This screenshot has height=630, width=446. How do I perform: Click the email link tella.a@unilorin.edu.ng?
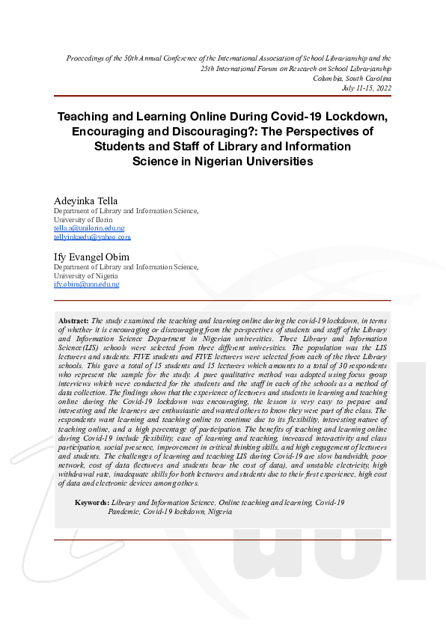[x=89, y=228]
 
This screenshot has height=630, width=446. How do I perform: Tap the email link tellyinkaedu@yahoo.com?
[x=92, y=237]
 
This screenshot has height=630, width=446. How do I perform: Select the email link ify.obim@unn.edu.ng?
[x=86, y=284]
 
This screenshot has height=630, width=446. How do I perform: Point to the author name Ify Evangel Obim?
[x=91, y=257]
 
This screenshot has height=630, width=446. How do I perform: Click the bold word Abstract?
[x=74, y=320]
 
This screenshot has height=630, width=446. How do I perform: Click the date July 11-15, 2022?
[x=366, y=88]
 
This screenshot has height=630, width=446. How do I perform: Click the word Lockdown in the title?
[x=353, y=117]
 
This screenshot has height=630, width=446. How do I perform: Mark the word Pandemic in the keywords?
[x=126, y=512]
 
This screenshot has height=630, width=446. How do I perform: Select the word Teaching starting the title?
[x=85, y=117]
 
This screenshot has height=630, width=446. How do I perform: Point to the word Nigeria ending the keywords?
[x=219, y=512]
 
